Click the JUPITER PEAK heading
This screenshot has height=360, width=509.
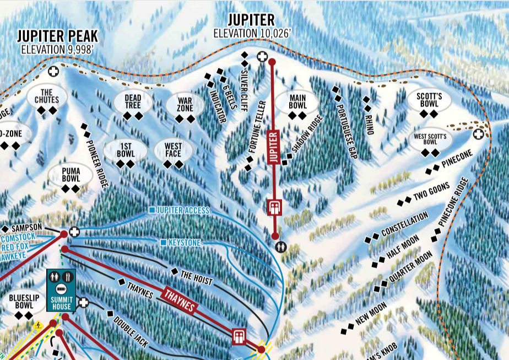[57, 36]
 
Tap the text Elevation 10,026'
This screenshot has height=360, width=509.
[252, 33]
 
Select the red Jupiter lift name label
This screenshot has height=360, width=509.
[274, 147]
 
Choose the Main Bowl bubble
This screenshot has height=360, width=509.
[296, 101]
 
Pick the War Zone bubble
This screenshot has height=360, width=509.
[185, 104]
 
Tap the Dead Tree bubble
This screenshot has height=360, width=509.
[132, 101]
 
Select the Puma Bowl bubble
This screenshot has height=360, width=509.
[71, 175]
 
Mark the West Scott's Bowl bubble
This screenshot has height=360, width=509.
[430, 138]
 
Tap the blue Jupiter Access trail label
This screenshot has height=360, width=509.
[182, 211]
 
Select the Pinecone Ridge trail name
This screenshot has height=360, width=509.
[453, 203]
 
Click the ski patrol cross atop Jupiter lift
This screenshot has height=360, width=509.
[262, 56]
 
